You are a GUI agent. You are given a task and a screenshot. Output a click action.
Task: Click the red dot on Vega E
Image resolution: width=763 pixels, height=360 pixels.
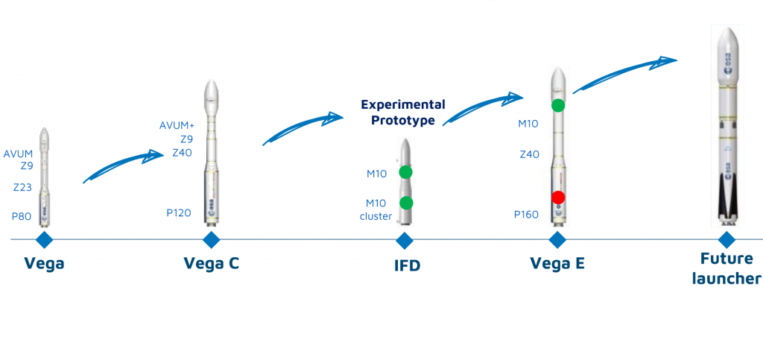558,197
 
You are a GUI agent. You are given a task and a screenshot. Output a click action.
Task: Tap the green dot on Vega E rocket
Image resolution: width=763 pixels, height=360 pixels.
557,106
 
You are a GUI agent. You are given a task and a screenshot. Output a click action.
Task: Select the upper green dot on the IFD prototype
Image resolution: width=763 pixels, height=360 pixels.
405,172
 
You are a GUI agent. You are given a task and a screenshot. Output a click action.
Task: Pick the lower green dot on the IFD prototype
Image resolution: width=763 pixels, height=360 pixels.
405,203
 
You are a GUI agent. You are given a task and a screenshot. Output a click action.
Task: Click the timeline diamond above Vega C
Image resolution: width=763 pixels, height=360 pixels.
212,240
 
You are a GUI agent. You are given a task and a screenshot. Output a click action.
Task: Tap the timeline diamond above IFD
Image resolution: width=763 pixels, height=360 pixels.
405,240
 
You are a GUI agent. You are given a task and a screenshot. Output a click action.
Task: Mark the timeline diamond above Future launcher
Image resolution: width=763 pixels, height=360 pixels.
726,240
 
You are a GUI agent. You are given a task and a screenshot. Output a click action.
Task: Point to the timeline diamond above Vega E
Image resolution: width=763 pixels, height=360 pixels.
557,240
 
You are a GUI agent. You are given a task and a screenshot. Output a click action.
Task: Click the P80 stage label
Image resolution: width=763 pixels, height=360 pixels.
22,216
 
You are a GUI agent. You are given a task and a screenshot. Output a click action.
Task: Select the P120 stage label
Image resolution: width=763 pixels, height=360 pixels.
179,213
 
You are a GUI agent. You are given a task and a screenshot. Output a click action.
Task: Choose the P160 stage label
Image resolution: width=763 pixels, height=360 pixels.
527,215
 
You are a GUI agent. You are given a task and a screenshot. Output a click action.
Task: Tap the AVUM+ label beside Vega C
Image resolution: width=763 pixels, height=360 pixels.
177,125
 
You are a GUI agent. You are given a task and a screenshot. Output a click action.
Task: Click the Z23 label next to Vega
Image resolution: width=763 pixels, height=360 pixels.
22,188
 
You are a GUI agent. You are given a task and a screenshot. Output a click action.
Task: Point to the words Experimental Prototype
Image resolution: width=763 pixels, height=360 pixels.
403,112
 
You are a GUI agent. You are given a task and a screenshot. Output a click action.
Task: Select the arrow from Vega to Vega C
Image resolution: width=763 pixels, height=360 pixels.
123,165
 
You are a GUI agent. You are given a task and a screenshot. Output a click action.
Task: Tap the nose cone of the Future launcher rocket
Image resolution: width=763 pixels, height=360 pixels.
727,37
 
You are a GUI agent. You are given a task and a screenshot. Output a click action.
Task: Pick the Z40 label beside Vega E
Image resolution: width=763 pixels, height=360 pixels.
529,154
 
